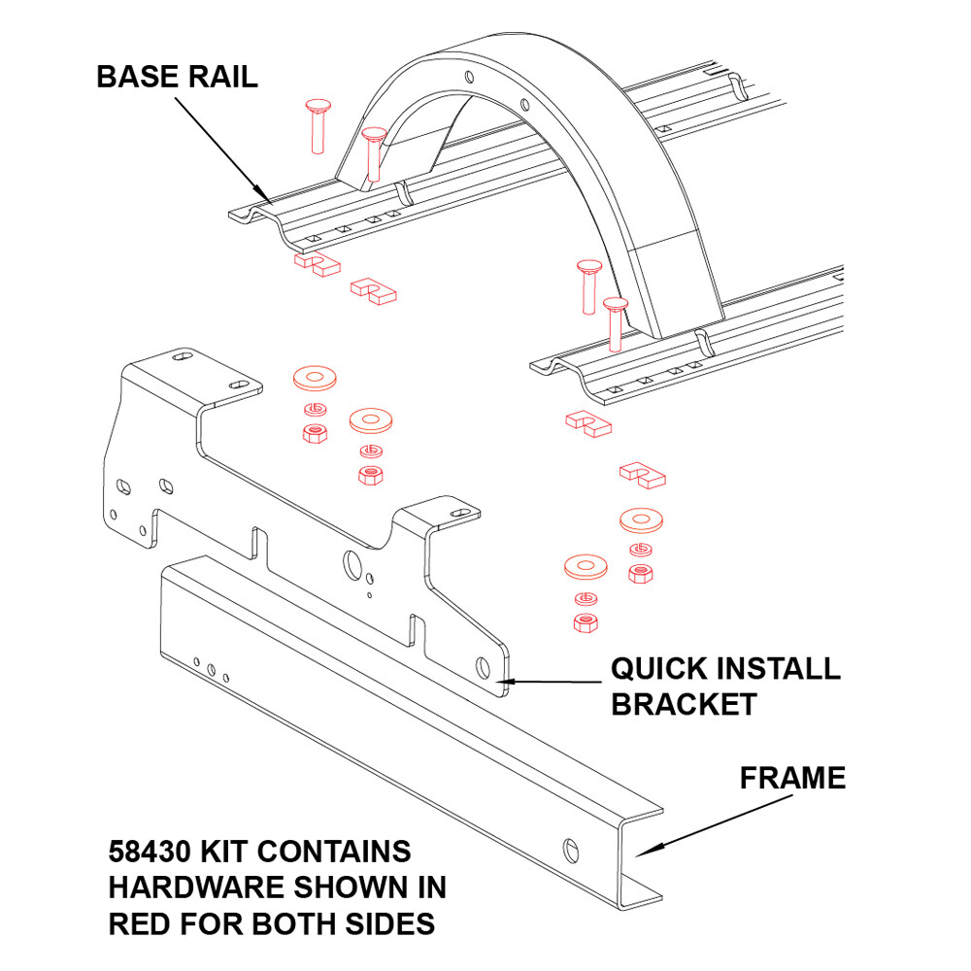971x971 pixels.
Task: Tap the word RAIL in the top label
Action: [222, 77]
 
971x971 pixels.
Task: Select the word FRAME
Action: [792, 778]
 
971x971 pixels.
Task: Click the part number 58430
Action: [149, 853]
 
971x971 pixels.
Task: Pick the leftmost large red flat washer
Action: [312, 376]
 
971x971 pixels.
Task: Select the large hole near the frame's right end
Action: [571, 848]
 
